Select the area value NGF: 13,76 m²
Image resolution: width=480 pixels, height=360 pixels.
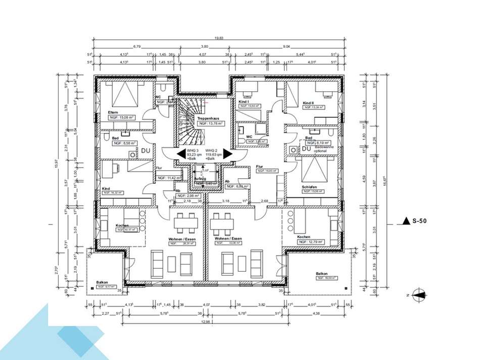coord(210,123)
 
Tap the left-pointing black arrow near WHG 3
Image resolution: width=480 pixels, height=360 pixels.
coord(180,154)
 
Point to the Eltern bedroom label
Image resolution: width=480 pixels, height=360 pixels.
coord(113,112)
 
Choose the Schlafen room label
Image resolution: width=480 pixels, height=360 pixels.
coord(310,187)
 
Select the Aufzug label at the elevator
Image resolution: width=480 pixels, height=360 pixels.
coord(201,179)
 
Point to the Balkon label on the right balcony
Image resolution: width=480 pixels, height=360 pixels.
coord(321,273)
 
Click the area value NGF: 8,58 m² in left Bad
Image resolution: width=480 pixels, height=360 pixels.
coord(121,143)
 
